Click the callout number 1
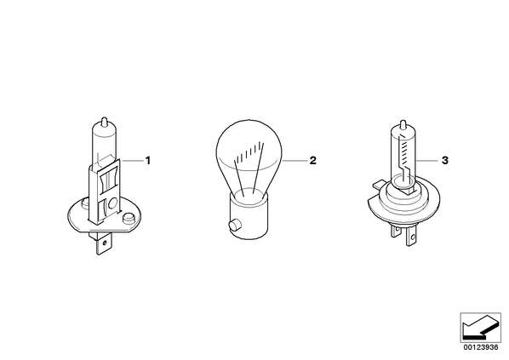148,160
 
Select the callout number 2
312,160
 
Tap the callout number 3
445,160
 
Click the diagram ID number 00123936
481,347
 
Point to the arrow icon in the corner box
480,327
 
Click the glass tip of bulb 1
104,121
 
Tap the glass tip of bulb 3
403,124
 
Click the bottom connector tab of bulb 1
104,244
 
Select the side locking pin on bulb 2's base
234,226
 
